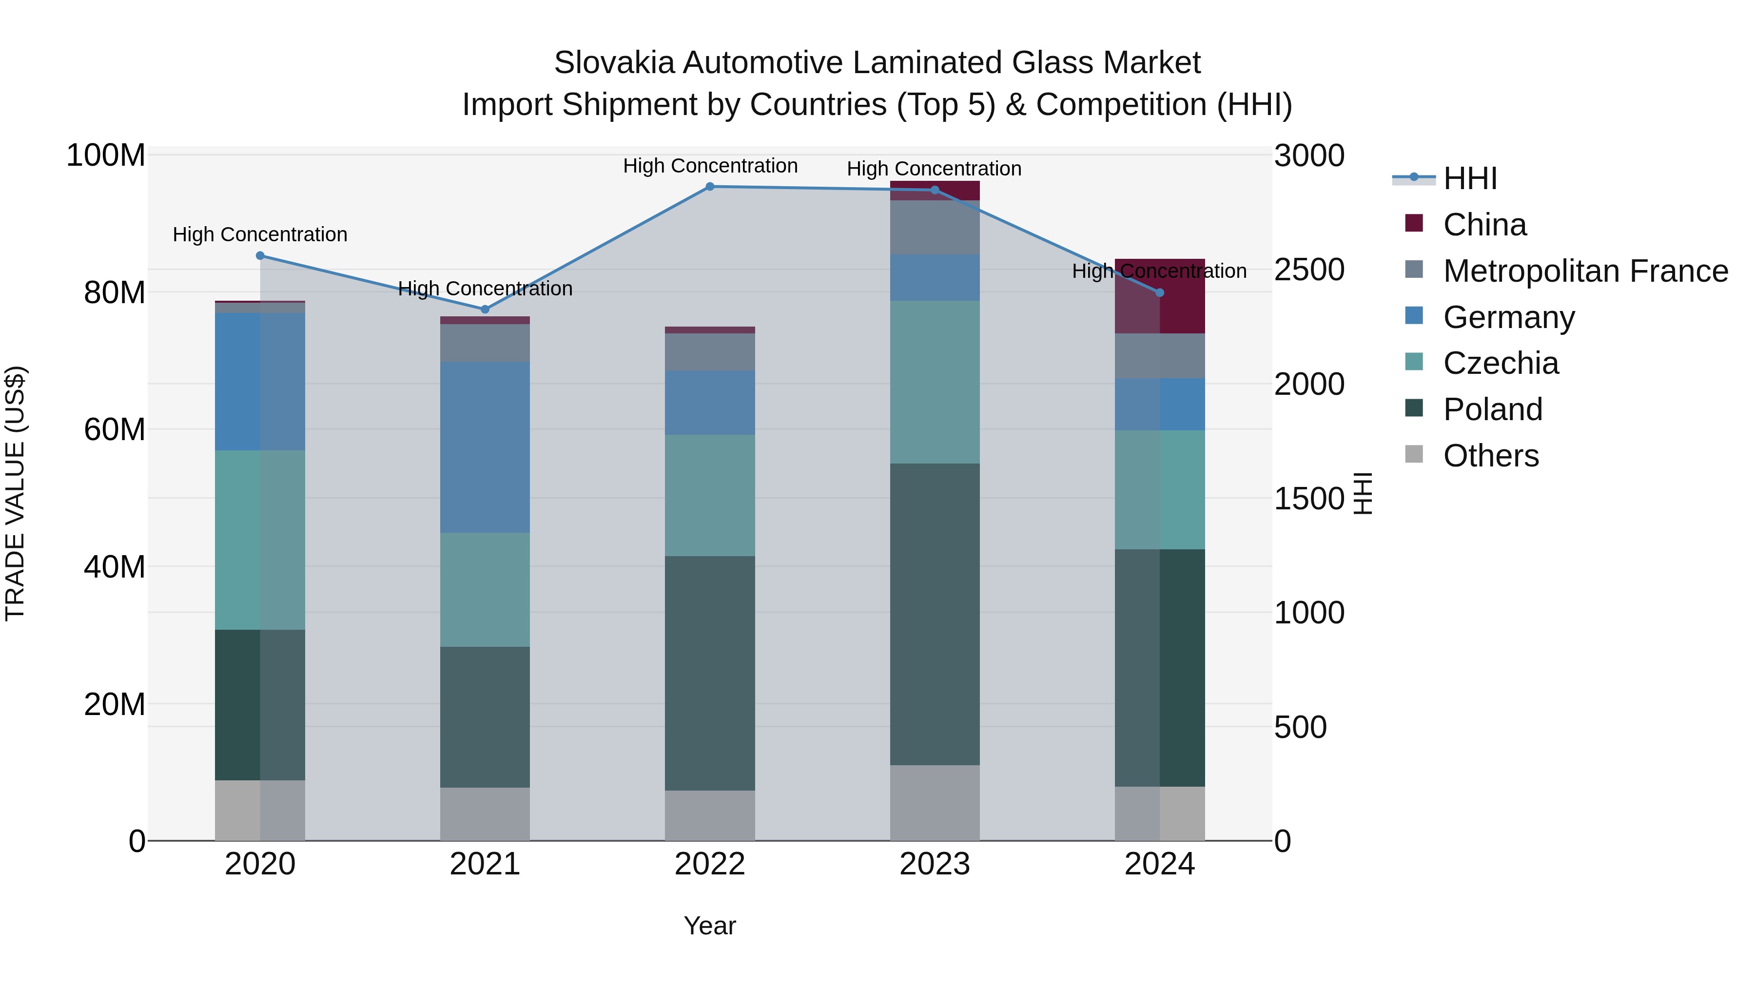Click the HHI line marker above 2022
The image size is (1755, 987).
(x=709, y=187)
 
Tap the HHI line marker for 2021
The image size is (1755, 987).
(x=485, y=309)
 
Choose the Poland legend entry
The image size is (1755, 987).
(x=1492, y=409)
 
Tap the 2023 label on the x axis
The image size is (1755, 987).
(x=934, y=864)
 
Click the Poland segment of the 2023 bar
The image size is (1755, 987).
(x=934, y=613)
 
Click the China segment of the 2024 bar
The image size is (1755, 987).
(x=1160, y=296)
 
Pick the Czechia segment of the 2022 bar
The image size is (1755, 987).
(x=709, y=495)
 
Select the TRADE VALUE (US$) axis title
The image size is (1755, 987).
(x=15, y=493)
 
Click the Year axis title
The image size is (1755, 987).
(x=709, y=926)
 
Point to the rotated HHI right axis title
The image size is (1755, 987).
(x=1362, y=493)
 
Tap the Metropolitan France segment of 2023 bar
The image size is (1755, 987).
(x=934, y=228)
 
